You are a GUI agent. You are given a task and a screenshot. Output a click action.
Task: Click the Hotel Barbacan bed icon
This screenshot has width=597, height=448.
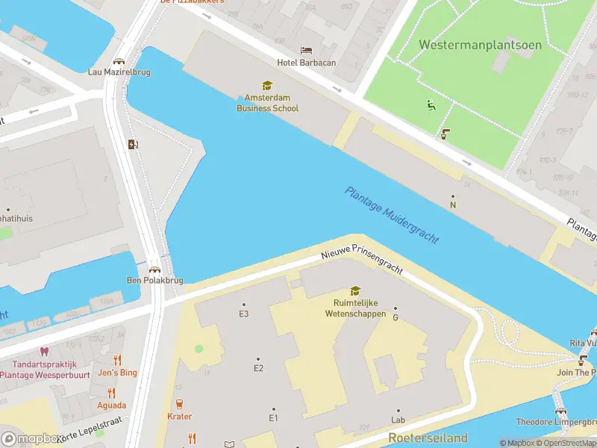[306, 50]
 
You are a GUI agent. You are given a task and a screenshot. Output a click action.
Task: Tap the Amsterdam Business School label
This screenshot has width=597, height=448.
[267, 103]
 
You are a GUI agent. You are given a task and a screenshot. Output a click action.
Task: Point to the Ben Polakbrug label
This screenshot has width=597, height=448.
[154, 281]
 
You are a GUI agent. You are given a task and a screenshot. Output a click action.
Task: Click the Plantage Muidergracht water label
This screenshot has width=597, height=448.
[391, 214]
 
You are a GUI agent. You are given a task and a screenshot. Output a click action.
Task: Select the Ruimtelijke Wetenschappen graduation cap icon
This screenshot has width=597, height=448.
[355, 291]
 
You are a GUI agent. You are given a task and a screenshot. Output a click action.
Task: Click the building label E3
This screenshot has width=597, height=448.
[243, 314]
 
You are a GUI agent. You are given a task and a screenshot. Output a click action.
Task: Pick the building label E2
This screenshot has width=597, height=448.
[258, 367]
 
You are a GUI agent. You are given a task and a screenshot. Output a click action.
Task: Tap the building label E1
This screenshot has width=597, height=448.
[273, 417]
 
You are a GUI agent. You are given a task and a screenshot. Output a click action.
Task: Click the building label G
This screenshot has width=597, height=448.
[396, 317]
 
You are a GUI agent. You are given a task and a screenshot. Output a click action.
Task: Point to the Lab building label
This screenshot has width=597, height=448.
[398, 420]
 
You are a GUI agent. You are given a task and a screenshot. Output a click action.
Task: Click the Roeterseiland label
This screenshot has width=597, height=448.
[428, 438]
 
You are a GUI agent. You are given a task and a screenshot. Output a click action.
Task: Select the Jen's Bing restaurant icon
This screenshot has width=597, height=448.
[117, 360]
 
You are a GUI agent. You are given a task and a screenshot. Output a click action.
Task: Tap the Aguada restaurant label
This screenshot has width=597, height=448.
[111, 405]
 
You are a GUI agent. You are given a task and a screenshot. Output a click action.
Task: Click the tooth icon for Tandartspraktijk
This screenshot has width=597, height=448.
[43, 351]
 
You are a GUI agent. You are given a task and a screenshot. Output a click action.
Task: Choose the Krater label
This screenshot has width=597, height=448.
[180, 417]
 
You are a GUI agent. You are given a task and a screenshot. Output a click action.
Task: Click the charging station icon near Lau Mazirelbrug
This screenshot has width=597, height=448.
[133, 144]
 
